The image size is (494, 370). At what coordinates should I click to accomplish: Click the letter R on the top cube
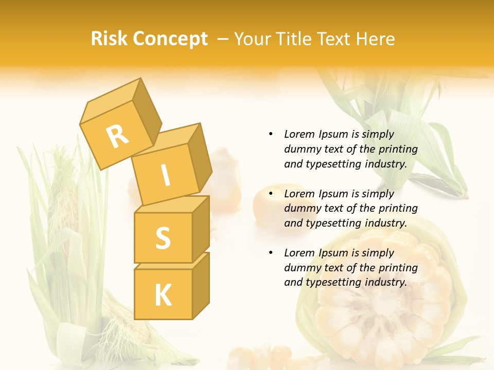click(x=117, y=136)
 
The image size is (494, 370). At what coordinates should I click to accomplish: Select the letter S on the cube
click(x=163, y=238)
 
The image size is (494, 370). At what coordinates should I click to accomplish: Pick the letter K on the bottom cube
click(x=163, y=295)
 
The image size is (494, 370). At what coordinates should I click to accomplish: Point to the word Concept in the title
click(x=170, y=40)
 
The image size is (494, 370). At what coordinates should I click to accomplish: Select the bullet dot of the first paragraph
click(x=271, y=134)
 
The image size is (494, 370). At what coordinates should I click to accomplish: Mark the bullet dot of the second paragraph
click(x=271, y=194)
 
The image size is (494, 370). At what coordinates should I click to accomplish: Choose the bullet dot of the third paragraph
click(x=271, y=253)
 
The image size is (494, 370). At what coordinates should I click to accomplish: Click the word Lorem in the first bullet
click(x=298, y=134)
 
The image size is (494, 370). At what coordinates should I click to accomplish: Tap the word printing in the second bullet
click(x=398, y=208)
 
